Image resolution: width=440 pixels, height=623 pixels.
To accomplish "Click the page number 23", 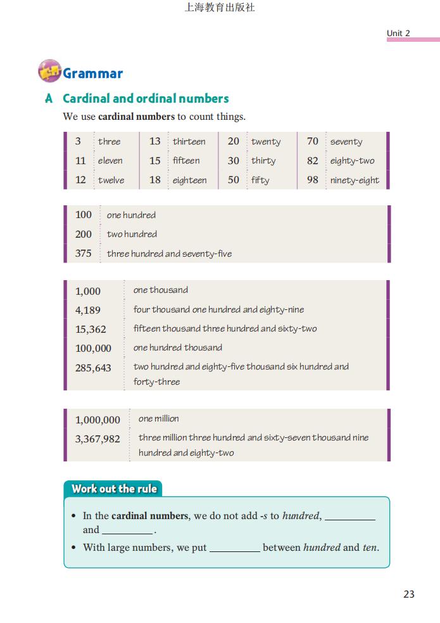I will [408, 594].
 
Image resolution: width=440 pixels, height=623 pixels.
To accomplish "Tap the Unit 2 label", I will [398, 33].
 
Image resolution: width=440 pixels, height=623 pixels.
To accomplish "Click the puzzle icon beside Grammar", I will [49, 72].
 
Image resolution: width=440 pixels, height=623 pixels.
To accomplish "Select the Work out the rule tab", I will [113, 489].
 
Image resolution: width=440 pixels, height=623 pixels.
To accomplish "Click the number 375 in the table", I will [84, 253].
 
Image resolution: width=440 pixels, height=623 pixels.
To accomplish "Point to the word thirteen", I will [189, 141].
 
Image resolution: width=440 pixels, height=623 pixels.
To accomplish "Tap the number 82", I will [312, 160].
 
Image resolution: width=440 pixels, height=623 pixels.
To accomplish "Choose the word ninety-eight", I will [355, 180].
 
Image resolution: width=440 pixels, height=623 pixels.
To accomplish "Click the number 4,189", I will [88, 310].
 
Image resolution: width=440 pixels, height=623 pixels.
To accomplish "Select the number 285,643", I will [93, 367].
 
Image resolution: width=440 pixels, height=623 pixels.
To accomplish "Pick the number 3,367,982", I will [97, 438].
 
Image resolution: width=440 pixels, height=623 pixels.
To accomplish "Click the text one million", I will [158, 418].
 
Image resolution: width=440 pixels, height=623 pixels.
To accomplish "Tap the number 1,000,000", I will [97, 420].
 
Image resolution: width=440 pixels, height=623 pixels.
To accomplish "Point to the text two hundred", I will [132, 234].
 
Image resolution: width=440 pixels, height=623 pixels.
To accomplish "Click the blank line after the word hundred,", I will [350, 517].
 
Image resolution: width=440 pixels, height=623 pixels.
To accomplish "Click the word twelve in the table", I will [111, 180].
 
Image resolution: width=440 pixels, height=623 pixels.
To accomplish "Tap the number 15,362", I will [91, 329].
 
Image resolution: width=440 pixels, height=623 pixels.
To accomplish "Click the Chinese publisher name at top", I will [220, 8].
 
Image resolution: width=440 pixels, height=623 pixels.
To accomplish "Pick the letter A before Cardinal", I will [49, 99].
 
